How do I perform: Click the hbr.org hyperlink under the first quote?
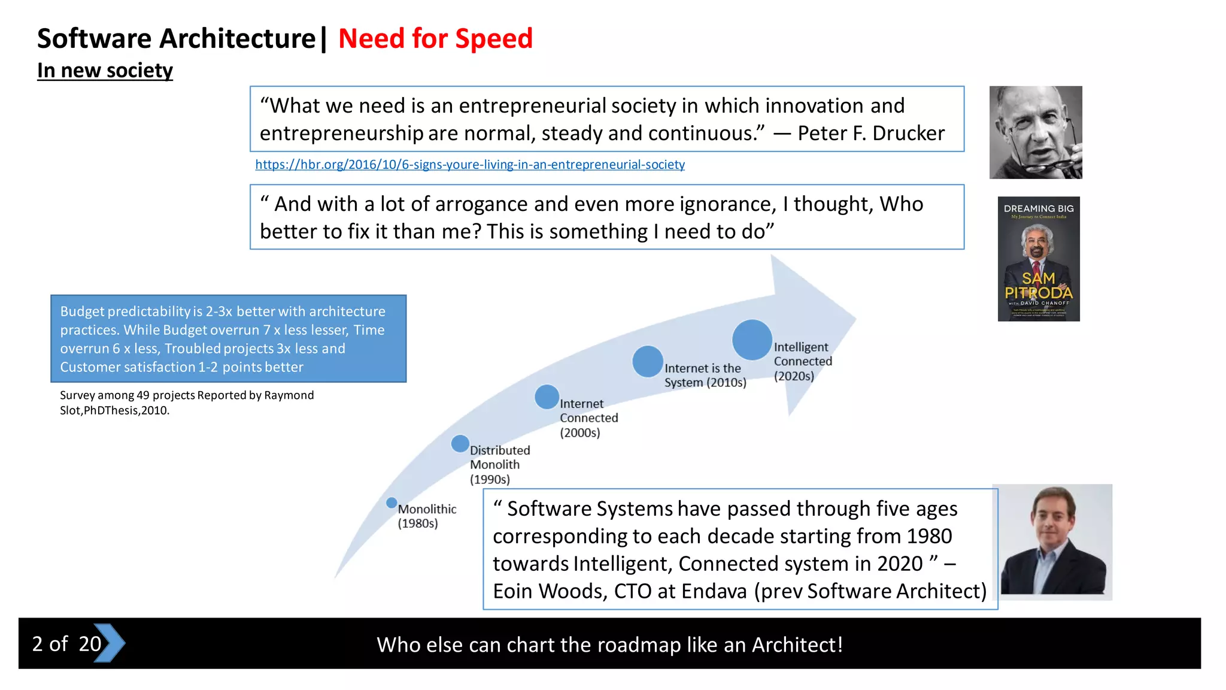point(470,165)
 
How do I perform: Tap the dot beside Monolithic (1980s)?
point(392,503)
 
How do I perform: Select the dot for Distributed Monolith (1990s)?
point(460,444)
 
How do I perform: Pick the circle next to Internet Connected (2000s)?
point(547,397)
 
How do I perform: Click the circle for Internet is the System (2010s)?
point(647,362)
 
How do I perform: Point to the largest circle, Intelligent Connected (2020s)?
point(752,340)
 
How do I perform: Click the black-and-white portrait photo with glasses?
point(1036,132)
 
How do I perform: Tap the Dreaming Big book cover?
point(1039,259)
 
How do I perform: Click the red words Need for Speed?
point(435,39)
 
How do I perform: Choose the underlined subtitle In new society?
point(105,71)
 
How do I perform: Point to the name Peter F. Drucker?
point(871,133)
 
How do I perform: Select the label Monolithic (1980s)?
point(427,516)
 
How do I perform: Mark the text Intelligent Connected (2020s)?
point(802,361)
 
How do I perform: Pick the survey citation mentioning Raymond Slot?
point(187,402)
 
